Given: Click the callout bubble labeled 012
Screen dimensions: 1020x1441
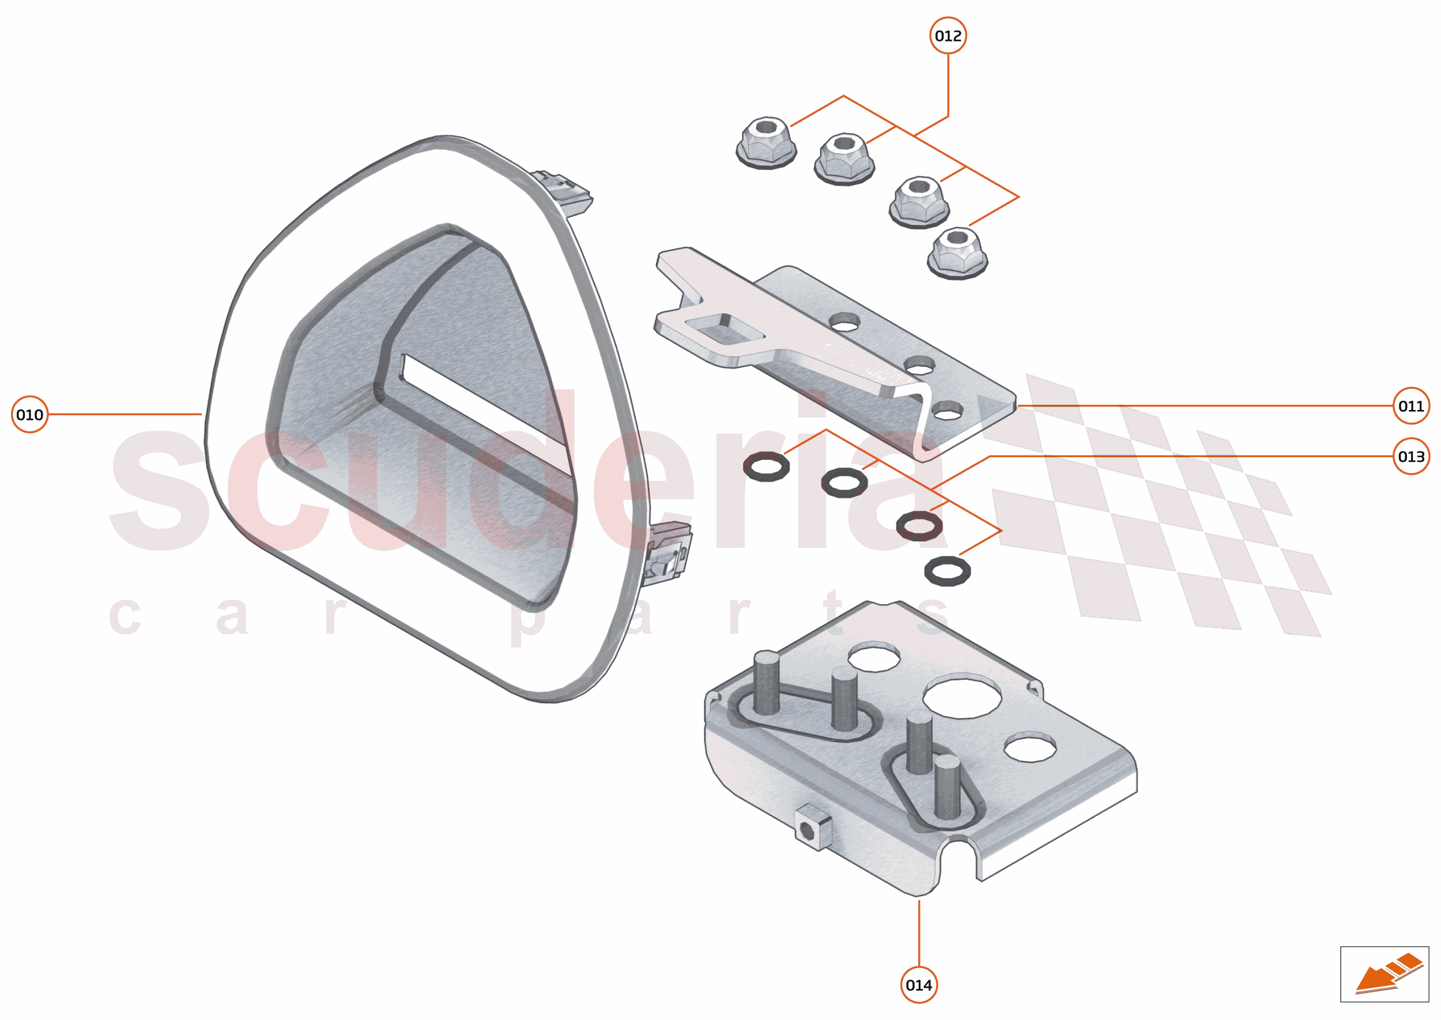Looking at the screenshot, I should coord(948,36).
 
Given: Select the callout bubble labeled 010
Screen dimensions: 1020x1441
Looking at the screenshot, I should coord(29,415).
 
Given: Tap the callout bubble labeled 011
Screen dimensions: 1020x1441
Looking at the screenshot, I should coord(1411,406).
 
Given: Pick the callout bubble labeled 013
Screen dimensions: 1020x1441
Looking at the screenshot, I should coord(1411,457).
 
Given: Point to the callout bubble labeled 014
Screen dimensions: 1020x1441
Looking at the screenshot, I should coord(919,985).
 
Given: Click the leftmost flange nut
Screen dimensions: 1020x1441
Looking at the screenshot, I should coord(766,142).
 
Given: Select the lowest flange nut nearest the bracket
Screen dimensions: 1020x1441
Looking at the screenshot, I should coord(957,253).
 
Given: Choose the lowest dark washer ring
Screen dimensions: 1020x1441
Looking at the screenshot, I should coord(948,571).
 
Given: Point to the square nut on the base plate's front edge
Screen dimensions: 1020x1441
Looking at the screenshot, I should coord(813,827).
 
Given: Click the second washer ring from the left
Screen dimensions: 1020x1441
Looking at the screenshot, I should coord(844,483).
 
